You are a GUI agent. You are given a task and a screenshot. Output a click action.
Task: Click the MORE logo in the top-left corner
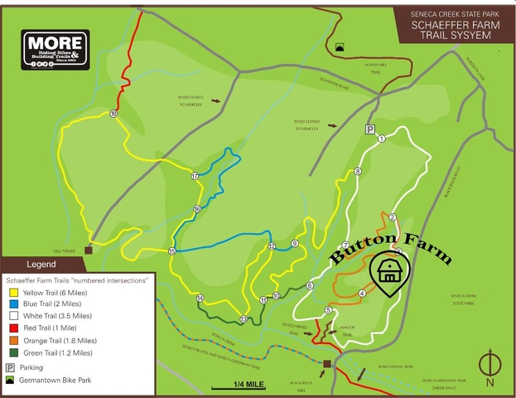pos(55,50)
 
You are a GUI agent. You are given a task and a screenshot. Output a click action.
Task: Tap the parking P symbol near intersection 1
pos(370,129)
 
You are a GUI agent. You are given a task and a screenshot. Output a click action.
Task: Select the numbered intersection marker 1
pos(382,138)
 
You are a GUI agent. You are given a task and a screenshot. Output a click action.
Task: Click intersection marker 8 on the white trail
pos(357,172)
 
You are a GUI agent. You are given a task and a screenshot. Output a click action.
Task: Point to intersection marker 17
pos(195,176)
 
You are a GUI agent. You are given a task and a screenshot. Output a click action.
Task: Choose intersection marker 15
pos(172,251)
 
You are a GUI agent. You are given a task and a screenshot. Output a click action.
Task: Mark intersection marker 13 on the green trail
pos(244,319)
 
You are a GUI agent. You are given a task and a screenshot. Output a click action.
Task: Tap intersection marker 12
pos(272,246)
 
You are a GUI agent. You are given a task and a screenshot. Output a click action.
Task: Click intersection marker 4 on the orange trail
pos(362,293)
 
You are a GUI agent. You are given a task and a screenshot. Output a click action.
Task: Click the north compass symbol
pos(490,364)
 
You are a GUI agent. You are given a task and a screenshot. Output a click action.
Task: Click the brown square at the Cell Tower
pos(88,249)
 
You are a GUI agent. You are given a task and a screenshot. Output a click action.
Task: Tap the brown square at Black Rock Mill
pos(327,363)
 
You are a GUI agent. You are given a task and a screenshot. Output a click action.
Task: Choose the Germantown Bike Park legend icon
pos(11,379)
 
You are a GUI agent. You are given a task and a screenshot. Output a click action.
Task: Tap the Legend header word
pos(41,265)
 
